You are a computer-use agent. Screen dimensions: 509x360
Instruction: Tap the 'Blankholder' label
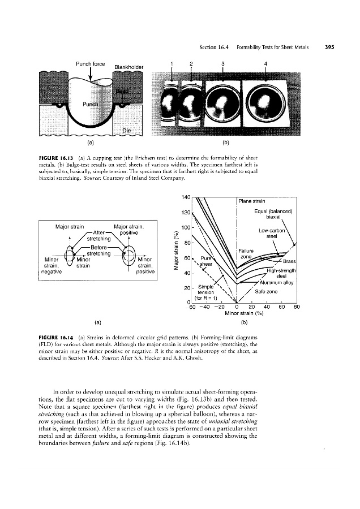point(129,67)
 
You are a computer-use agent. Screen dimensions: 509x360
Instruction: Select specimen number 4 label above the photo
point(265,63)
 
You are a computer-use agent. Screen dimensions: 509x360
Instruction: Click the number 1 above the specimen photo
point(171,63)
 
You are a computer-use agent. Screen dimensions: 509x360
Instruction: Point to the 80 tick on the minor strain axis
point(297,308)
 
